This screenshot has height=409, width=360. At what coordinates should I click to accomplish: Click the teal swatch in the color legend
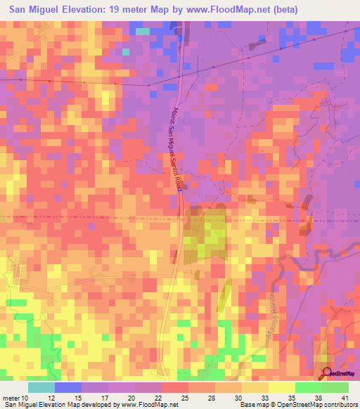(x=41, y=387)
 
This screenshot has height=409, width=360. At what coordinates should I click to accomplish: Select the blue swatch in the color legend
(x=67, y=387)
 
